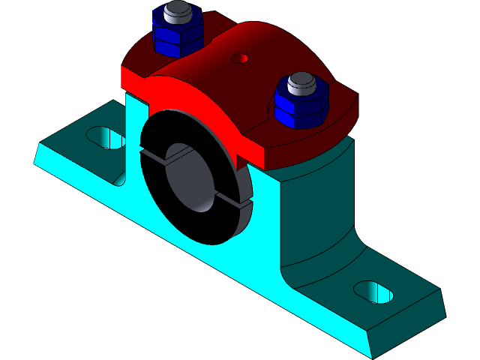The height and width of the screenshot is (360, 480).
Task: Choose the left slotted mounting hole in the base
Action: click(x=105, y=137)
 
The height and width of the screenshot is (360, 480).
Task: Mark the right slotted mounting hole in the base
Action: click(x=373, y=292)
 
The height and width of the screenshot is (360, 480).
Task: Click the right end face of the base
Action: click(x=409, y=330)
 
